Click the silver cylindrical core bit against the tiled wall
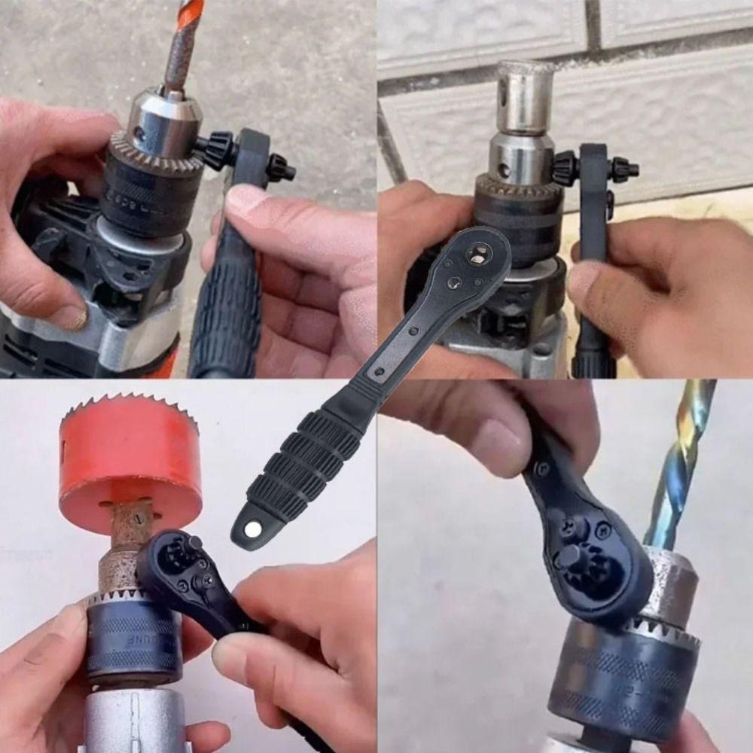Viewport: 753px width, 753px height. [x=525, y=98]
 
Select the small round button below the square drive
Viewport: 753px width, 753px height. [x=455, y=283]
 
